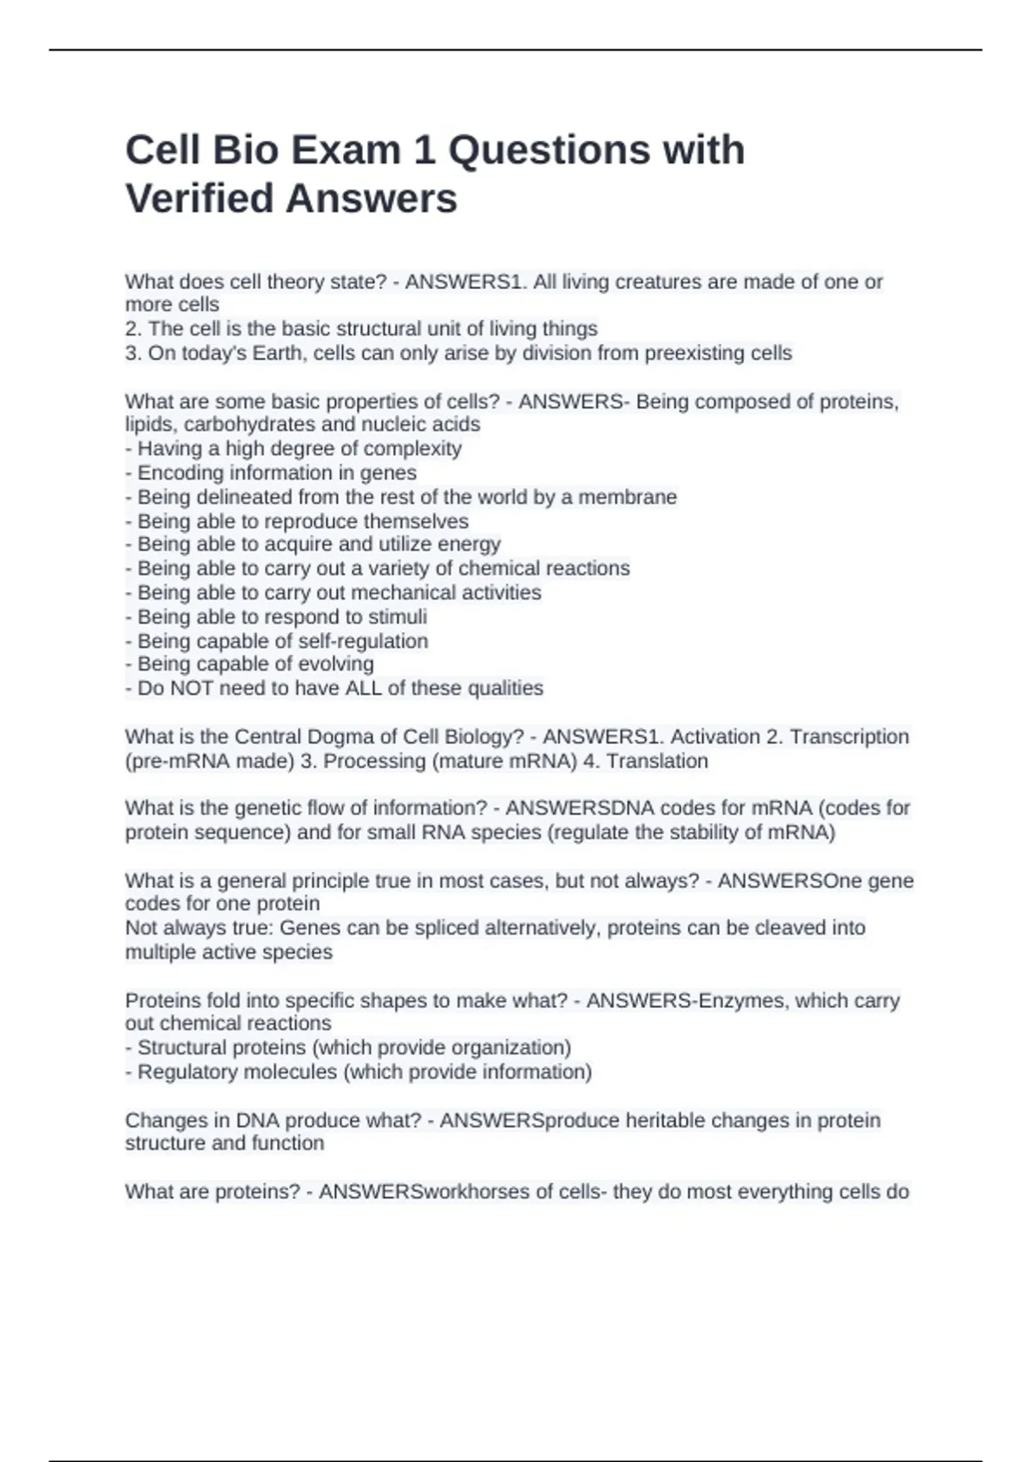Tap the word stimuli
[397, 617]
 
